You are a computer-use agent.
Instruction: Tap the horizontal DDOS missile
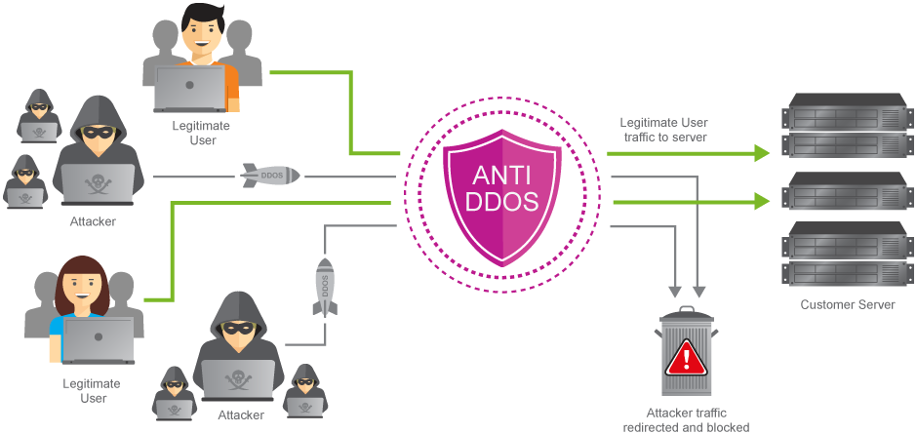[x=270, y=176]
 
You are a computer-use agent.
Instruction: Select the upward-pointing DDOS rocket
[x=326, y=287]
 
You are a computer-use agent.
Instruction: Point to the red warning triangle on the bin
[x=687, y=358]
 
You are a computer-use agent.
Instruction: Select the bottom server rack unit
[x=845, y=274]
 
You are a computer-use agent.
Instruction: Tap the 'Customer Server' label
[x=847, y=305]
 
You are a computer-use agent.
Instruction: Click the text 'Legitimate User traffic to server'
[x=663, y=130]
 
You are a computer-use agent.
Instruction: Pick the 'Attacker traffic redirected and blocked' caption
[x=686, y=420]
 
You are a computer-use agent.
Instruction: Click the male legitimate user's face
[x=201, y=34]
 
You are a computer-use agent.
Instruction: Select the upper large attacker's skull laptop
[x=97, y=182]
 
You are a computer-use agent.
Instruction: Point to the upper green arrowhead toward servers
[x=758, y=153]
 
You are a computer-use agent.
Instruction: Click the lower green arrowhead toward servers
[x=758, y=201]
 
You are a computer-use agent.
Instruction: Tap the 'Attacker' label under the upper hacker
[x=93, y=221]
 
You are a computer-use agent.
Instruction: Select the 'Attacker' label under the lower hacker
[x=241, y=415]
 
